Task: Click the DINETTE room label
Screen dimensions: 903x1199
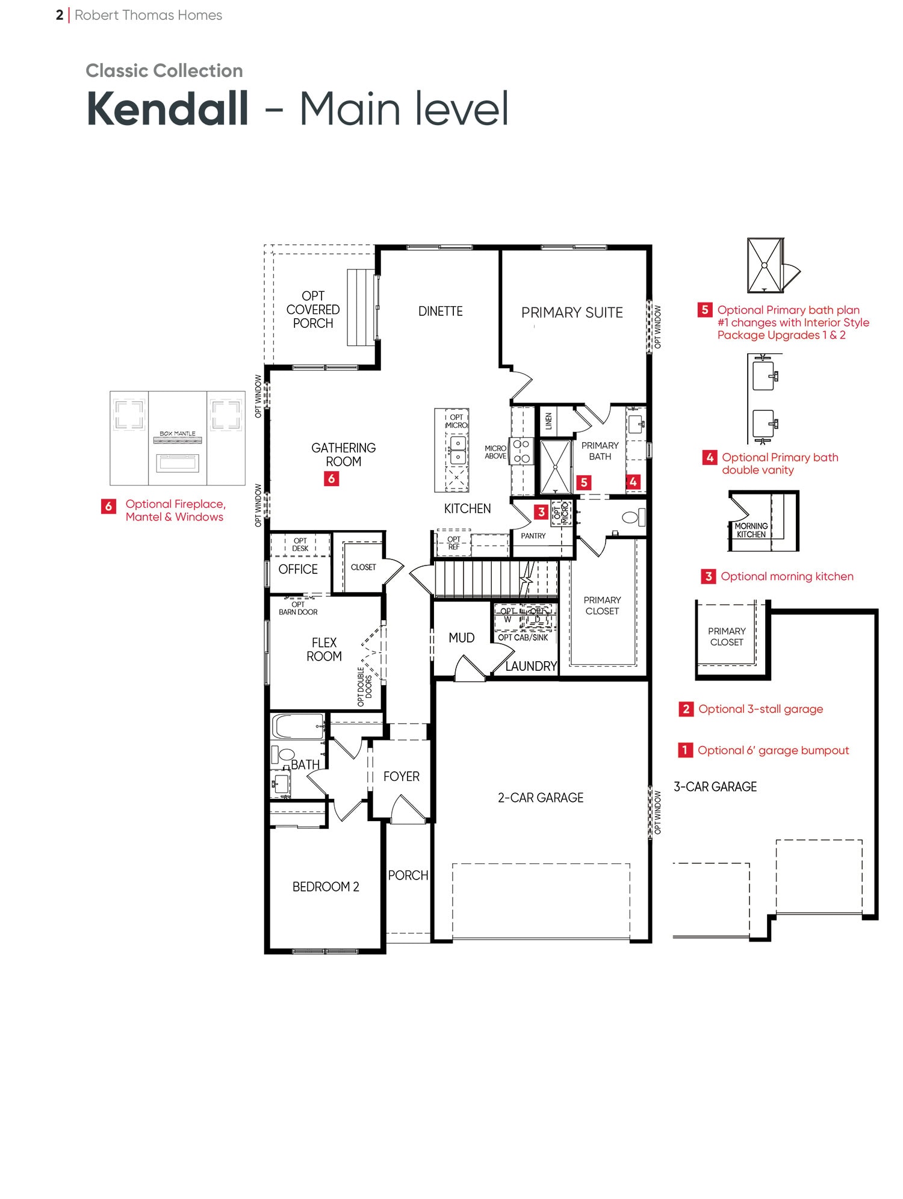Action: click(441, 312)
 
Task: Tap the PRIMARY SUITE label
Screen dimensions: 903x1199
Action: click(572, 313)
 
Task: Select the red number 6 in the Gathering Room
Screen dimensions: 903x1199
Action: click(331, 479)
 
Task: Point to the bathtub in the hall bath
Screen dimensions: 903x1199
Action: click(297, 726)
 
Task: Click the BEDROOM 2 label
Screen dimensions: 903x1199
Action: click(326, 887)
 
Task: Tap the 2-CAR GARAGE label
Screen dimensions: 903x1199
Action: click(541, 798)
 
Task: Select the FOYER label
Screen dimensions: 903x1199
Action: click(402, 777)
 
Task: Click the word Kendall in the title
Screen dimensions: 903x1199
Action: click(167, 109)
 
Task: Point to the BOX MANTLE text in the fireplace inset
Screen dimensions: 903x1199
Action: click(178, 433)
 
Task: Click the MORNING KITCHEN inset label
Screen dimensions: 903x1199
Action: click(751, 530)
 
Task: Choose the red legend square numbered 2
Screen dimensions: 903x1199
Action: click(686, 709)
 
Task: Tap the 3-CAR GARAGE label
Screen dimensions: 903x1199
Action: click(715, 787)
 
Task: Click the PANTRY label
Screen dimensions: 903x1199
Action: click(533, 535)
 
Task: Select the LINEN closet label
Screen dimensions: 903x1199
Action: click(548, 421)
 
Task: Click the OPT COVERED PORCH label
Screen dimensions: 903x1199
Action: click(313, 310)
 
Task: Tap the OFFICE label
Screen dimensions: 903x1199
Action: click(298, 569)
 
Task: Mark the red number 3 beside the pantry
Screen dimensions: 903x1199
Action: click(541, 512)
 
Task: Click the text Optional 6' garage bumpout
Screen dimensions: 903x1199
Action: click(773, 750)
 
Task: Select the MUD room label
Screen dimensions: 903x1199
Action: click(462, 638)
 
